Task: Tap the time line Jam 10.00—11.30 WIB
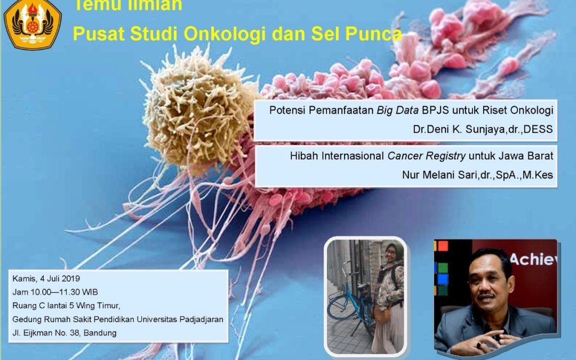click(63, 292)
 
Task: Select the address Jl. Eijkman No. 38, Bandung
click(65, 333)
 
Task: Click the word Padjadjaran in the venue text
click(198, 319)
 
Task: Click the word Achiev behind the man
click(533, 259)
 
